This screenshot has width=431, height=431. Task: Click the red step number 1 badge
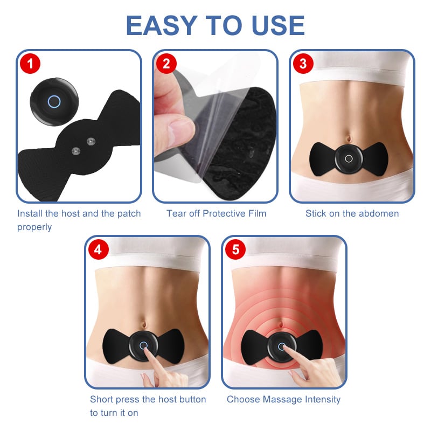point(30,64)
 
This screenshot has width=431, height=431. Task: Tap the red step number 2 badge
point(166,64)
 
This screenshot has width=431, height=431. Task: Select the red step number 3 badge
point(303,64)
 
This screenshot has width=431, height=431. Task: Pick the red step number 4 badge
point(99,249)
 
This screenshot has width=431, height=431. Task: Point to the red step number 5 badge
point(235,249)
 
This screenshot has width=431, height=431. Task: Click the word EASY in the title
point(162,25)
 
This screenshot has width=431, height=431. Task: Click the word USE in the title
point(278,25)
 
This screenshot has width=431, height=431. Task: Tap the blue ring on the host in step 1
point(54,101)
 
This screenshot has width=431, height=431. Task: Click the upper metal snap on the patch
point(91,142)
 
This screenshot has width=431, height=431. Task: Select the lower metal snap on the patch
point(76,151)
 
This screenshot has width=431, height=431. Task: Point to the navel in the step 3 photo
point(349,138)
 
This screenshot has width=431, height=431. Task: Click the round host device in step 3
point(349,159)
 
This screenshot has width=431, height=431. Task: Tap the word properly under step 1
point(34,227)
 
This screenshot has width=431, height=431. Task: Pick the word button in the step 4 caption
point(192,399)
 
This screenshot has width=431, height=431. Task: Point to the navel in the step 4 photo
point(143,324)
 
